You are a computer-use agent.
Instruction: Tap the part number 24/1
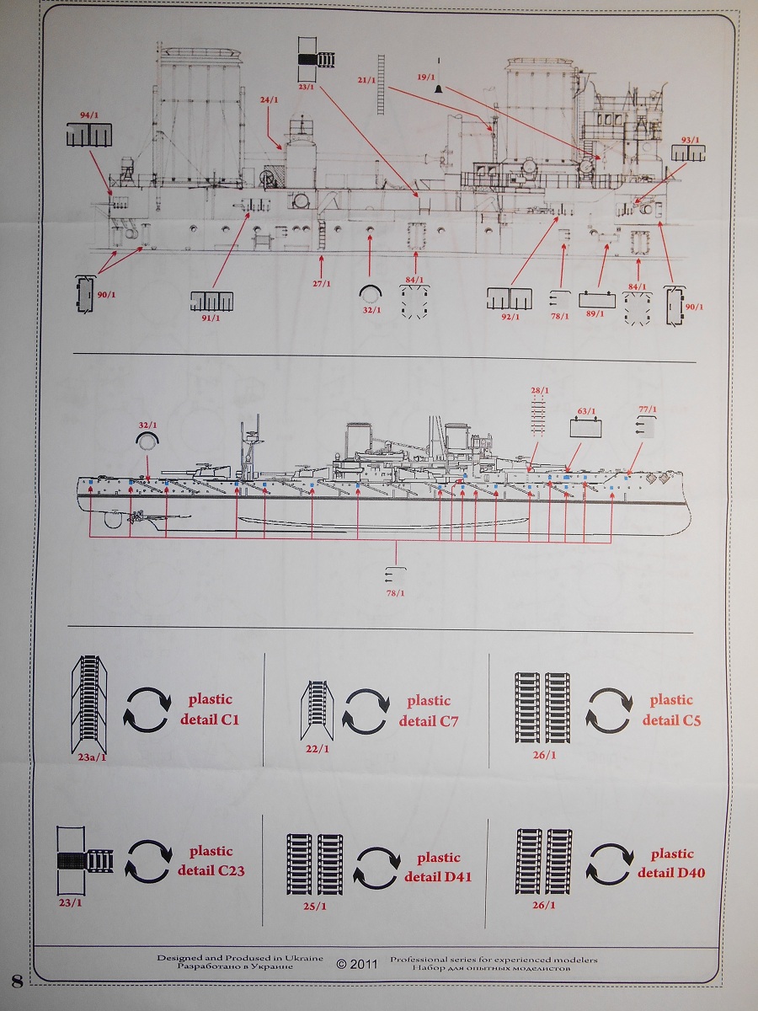click(x=269, y=99)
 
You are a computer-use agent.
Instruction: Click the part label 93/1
click(x=690, y=139)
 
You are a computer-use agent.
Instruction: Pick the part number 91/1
click(x=211, y=318)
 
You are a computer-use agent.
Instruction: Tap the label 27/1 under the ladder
click(x=322, y=283)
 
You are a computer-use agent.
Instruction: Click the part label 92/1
click(x=510, y=316)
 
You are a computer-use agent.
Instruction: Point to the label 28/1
click(x=540, y=391)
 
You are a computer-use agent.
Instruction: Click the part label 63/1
click(x=586, y=411)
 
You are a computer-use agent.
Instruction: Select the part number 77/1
click(x=648, y=409)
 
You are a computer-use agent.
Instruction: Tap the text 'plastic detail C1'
click(x=210, y=709)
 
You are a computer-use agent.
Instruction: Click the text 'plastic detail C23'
click(x=211, y=861)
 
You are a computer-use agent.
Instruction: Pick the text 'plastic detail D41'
click(x=438, y=867)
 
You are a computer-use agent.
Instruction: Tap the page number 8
click(x=16, y=980)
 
